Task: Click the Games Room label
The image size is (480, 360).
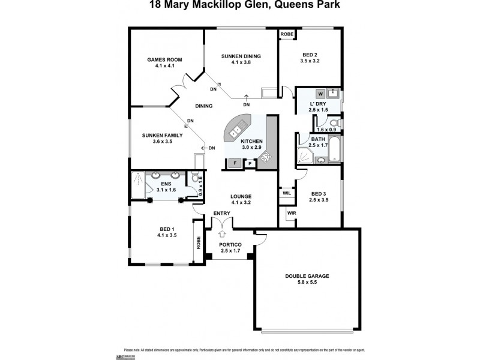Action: pyautogui.click(x=164, y=60)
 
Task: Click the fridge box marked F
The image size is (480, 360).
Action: pyautogui.click(x=234, y=162)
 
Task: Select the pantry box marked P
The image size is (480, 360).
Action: pyautogui.click(x=250, y=162)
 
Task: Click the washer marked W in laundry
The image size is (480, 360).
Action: pyautogui.click(x=320, y=94)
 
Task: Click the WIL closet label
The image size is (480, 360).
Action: pyautogui.click(x=286, y=193)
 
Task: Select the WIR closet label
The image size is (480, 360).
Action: pyautogui.click(x=292, y=213)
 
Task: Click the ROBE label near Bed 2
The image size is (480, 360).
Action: pyautogui.click(x=287, y=35)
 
